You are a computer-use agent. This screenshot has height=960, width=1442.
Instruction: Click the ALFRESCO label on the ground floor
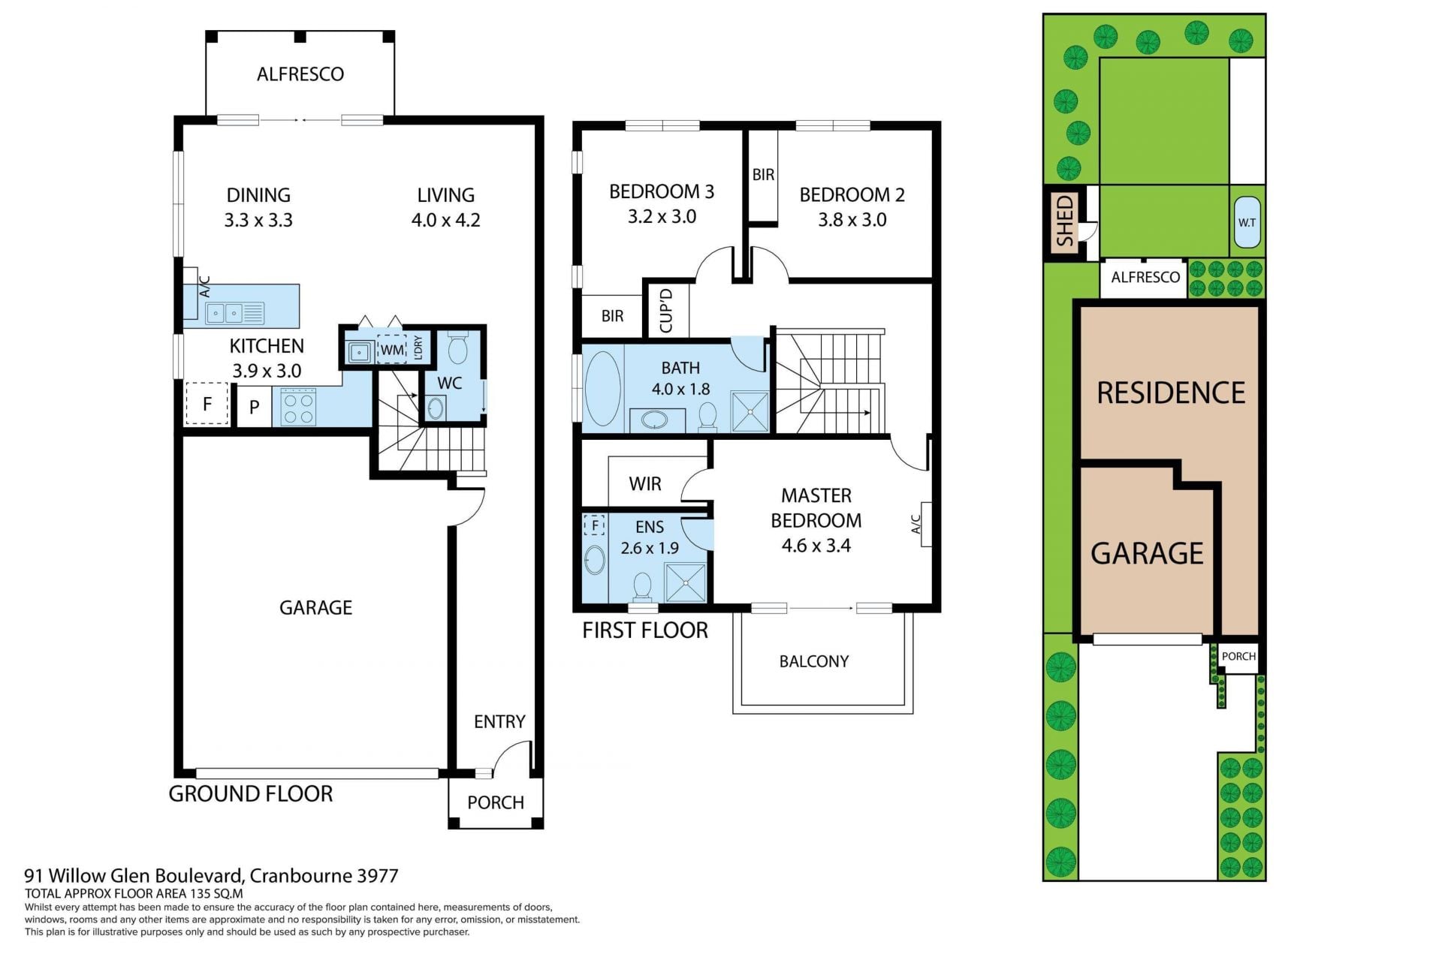[x=300, y=74]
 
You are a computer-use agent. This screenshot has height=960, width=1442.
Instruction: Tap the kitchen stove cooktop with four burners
[x=298, y=408]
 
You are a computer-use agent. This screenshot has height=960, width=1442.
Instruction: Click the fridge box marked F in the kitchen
[x=207, y=404]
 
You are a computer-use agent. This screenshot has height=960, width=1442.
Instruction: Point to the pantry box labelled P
[x=255, y=407]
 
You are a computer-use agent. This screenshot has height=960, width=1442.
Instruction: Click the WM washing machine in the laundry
[x=392, y=350]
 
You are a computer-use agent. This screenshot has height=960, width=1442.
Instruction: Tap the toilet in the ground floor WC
[x=457, y=347]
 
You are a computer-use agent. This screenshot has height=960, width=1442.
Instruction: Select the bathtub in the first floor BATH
[x=602, y=388]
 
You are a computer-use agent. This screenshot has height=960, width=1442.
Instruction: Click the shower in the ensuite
[x=686, y=582]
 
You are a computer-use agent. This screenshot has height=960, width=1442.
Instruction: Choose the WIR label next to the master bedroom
[x=645, y=483]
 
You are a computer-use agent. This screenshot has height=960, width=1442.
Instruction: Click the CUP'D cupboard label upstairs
[x=665, y=310]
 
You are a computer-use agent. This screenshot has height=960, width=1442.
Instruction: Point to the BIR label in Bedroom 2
[x=763, y=174]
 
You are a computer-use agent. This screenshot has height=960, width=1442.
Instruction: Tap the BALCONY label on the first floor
[x=814, y=661]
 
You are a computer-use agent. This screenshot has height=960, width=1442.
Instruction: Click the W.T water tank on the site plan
[x=1247, y=222]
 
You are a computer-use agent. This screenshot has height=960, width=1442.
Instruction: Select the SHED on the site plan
[x=1064, y=221]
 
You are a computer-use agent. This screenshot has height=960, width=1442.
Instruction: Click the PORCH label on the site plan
[x=1238, y=656]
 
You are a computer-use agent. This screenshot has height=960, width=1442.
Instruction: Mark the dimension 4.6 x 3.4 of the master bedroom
[x=816, y=546]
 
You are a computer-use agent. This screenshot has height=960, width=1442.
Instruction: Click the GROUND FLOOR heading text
[x=250, y=793]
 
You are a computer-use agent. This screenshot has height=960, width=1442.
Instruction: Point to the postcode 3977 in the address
[x=378, y=875]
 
